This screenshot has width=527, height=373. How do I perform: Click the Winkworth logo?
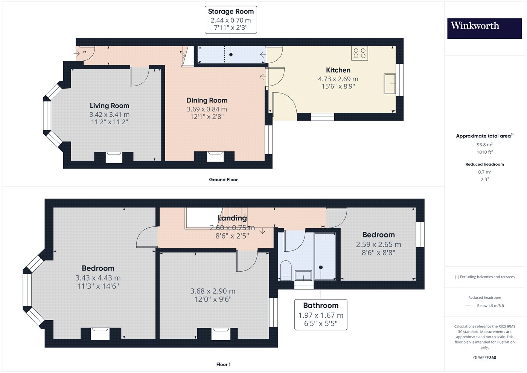coord(484,29)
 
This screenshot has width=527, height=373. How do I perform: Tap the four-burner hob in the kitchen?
coord(359,53)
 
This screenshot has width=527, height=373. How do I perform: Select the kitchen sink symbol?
coord(390,84)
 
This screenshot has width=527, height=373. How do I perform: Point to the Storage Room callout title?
coord(231,11)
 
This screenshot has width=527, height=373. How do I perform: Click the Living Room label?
coord(110,106)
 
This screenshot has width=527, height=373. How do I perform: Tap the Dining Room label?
coord(207,100)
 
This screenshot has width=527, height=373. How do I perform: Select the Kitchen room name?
coord(338,70)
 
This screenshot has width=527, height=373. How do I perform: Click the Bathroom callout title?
coord(321,306)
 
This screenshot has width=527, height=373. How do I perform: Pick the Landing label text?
coord(233,218)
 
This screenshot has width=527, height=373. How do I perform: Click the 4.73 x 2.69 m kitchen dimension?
coord(338,79)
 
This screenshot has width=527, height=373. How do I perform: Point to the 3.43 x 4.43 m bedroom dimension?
coord(98,278)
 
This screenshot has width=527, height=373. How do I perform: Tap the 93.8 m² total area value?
coord(485,145)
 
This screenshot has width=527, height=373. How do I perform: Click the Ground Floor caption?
coord(223,180)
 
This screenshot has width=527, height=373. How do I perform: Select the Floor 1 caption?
coord(223,365)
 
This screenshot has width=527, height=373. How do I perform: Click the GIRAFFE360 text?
coord(485,358)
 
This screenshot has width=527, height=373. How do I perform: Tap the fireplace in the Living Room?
coord(114,157)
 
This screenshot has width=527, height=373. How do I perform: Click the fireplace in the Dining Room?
coord(215,157)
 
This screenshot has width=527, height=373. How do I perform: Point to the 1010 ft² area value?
coord(485,152)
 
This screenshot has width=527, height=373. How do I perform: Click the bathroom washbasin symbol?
coord(303,275)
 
